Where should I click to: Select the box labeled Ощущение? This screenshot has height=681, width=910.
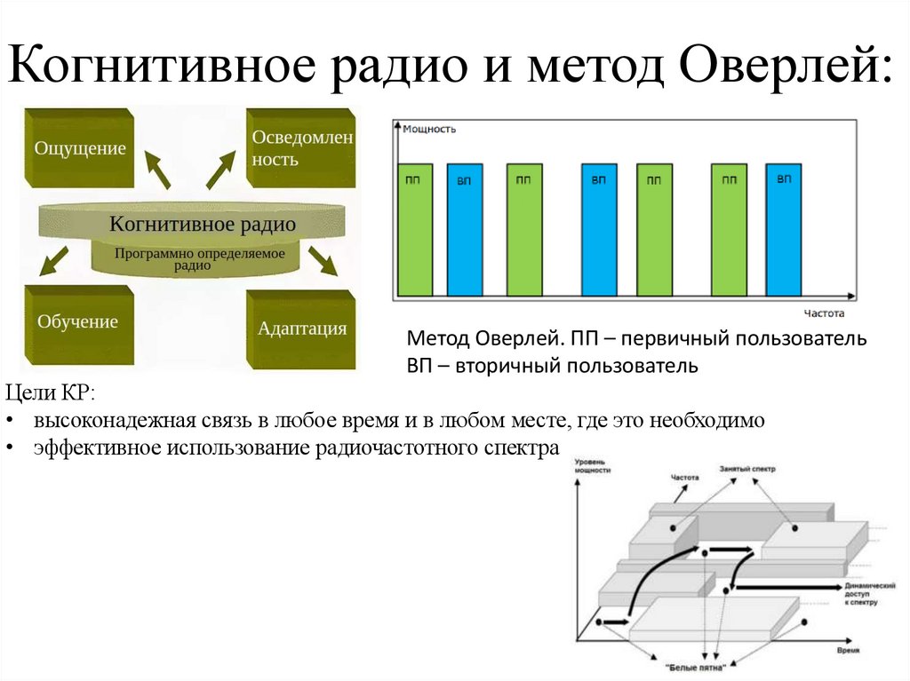[79, 148]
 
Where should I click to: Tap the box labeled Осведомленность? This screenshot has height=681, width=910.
[301, 148]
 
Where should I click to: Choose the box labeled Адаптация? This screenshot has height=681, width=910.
[301, 329]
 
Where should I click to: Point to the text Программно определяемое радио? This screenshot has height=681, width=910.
[199, 258]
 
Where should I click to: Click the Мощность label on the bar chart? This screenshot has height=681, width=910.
[429, 129]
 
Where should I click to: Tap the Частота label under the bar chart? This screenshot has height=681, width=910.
[824, 313]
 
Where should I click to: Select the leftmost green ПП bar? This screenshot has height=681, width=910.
[415, 229]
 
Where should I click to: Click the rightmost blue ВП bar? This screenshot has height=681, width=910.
[784, 229]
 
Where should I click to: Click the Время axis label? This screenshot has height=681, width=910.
[849, 651]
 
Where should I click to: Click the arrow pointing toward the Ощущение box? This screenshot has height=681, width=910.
[156, 168]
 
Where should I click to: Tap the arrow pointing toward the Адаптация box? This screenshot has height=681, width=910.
[323, 261]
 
